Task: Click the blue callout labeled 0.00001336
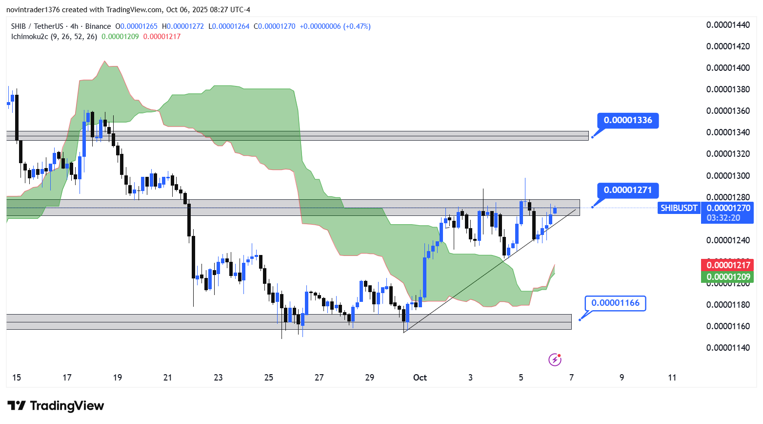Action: click(x=628, y=120)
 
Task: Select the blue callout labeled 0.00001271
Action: click(x=628, y=190)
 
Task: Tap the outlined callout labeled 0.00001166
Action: click(x=615, y=303)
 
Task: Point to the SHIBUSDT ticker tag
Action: click(x=679, y=208)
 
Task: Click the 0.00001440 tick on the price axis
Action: click(x=728, y=25)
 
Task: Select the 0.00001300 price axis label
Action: click(x=728, y=176)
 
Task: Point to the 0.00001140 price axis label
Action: click(x=728, y=348)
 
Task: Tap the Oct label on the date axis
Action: click(x=420, y=378)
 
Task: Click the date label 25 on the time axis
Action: click(x=269, y=378)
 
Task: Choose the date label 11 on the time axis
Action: click(x=672, y=378)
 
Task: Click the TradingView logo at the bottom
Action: click(x=56, y=406)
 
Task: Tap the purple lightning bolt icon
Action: click(x=555, y=360)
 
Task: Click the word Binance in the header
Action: click(x=98, y=26)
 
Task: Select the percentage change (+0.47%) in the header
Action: click(x=357, y=26)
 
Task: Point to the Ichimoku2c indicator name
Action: click(x=30, y=37)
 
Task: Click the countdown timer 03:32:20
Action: click(x=723, y=218)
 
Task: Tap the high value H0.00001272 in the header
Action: click(x=183, y=26)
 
